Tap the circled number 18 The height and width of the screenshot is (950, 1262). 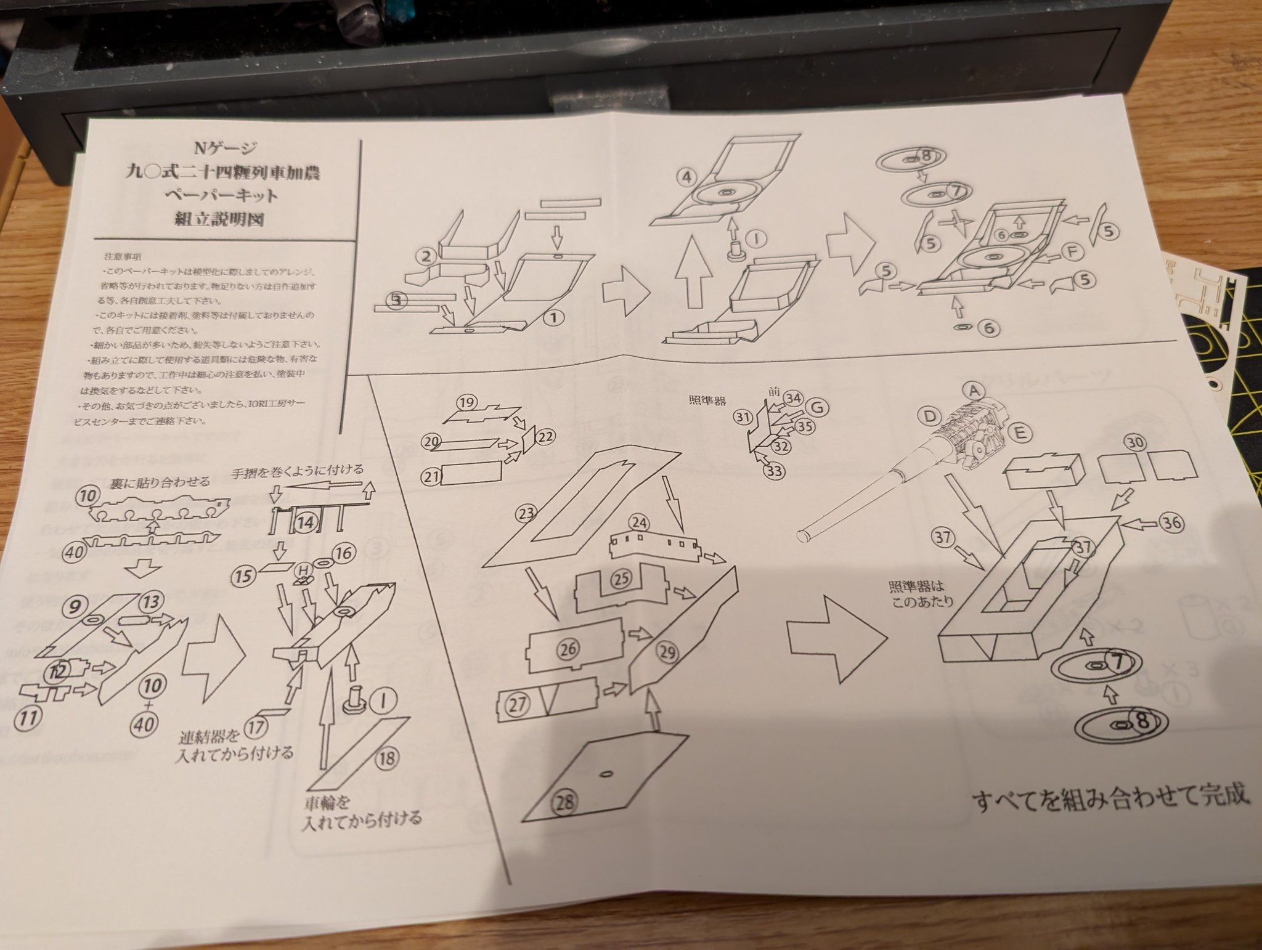click(386, 758)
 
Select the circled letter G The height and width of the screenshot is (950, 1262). click(817, 407)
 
